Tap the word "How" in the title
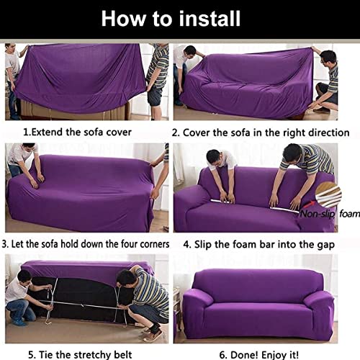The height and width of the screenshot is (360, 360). (123, 19)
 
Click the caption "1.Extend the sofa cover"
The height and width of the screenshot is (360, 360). (77, 132)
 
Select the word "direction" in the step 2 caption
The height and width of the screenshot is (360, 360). (328, 132)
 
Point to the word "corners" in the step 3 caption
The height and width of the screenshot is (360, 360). (155, 244)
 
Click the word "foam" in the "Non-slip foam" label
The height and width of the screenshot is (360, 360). (349, 213)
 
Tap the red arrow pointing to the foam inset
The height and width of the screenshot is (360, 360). (309, 204)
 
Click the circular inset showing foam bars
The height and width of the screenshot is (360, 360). (328, 194)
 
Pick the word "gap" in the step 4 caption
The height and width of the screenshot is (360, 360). (325, 246)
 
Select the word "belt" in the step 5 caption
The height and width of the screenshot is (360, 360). (122, 354)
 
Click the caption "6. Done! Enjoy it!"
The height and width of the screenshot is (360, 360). (259, 355)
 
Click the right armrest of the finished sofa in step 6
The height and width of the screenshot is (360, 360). (319, 310)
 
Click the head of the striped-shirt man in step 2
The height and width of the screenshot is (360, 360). (328, 59)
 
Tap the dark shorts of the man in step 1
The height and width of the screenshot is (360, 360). (156, 96)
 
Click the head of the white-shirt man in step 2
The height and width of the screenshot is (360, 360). (191, 52)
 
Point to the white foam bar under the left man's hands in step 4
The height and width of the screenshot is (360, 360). (222, 201)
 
